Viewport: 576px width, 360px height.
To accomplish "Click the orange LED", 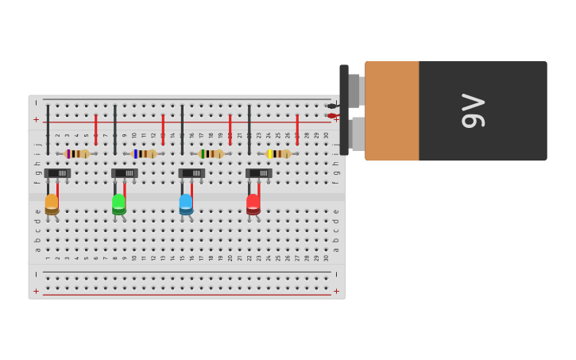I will [x=52, y=203].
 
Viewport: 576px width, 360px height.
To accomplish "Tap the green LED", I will [x=118, y=203].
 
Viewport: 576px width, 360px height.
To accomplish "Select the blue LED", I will [x=186, y=203].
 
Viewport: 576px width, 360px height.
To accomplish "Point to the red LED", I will [x=253, y=203].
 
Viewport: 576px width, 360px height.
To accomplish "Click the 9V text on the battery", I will [x=474, y=111].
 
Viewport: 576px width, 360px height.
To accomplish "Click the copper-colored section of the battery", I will [x=392, y=111].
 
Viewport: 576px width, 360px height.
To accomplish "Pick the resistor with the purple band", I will [x=77, y=153].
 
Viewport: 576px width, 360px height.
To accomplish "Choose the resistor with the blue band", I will [x=144, y=153].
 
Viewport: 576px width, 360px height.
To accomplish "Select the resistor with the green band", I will [x=211, y=153].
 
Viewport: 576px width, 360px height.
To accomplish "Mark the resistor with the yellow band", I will [x=278, y=153].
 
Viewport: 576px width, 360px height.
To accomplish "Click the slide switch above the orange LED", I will [x=57, y=172].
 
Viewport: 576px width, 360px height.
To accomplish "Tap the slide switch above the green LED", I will [x=125, y=172].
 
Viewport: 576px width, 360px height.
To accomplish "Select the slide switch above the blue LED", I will [x=191, y=172].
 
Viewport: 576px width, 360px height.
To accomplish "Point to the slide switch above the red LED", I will [x=259, y=172].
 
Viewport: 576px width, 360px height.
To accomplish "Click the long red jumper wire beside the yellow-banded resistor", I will [x=297, y=129].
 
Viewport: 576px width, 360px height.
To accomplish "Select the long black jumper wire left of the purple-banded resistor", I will [x=48, y=129].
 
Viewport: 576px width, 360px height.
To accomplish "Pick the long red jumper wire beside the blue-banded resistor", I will [x=163, y=129].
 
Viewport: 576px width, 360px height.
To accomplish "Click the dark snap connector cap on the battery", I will [x=344, y=110].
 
